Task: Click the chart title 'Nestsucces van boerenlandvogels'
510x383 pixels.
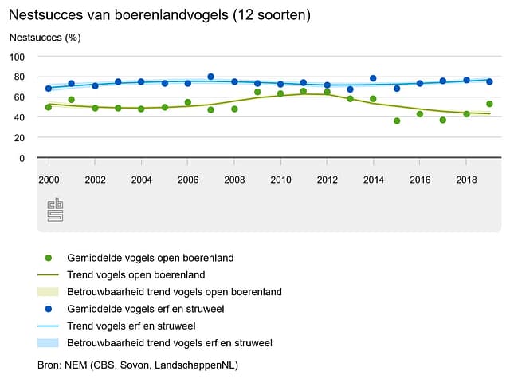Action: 159,14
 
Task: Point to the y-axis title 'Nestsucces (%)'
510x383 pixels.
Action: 45,38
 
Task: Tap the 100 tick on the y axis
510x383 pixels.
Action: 37,57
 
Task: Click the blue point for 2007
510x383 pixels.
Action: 211,77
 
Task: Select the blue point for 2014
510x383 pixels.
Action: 373,78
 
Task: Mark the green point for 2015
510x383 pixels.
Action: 397,120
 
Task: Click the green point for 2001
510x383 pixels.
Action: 72,100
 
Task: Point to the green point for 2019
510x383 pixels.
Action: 489,104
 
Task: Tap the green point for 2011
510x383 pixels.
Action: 304,92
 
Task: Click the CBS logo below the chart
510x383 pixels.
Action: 55,210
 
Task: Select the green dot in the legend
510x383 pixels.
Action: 49,258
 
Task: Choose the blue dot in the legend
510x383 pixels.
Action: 49,310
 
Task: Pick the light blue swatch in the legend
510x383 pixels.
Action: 49,343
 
